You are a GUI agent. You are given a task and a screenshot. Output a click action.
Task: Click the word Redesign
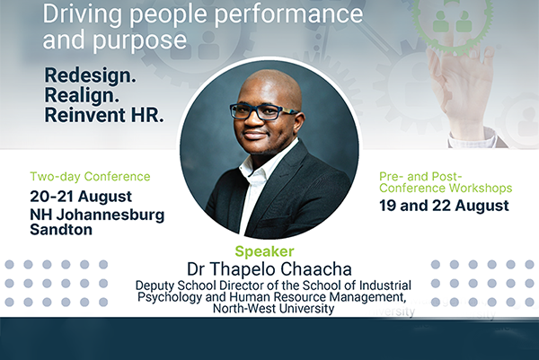pos(90,75)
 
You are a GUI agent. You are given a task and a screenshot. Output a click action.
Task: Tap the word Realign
pos(82,95)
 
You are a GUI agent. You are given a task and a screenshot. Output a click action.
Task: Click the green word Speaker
pos(264,251)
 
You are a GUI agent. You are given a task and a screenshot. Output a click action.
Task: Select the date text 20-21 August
pos(81,197)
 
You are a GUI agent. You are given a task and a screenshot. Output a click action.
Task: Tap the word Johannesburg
pos(110,215)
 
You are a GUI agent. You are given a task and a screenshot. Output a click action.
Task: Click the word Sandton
pos(61,230)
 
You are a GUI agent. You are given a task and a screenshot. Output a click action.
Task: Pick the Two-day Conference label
pos(90,176)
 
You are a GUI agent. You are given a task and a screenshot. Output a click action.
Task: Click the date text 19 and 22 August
pos(444,206)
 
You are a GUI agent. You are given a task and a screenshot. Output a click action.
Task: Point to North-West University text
pos(274,308)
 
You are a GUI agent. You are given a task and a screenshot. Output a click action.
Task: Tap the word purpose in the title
pos(140,40)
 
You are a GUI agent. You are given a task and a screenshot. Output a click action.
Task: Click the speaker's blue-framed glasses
pos(263,111)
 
